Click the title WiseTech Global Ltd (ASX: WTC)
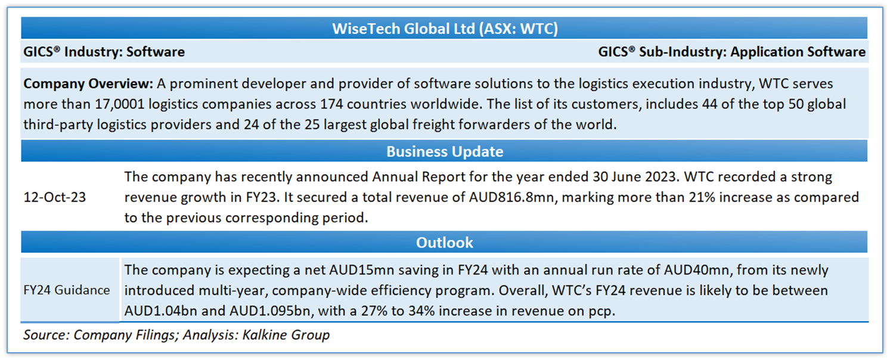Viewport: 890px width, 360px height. click(x=445, y=29)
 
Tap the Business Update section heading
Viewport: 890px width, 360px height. click(x=445, y=151)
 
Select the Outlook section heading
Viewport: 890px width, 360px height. click(x=445, y=243)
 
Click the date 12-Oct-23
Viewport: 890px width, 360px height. click(x=54, y=197)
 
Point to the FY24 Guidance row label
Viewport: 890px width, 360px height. click(x=66, y=290)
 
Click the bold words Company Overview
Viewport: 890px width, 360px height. click(x=88, y=83)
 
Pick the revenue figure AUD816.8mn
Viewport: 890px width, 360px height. click(x=511, y=197)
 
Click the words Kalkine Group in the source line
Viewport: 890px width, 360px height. click(x=286, y=335)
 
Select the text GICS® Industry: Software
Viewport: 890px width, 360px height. click(x=104, y=52)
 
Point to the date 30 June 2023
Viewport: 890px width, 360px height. click(x=635, y=176)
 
